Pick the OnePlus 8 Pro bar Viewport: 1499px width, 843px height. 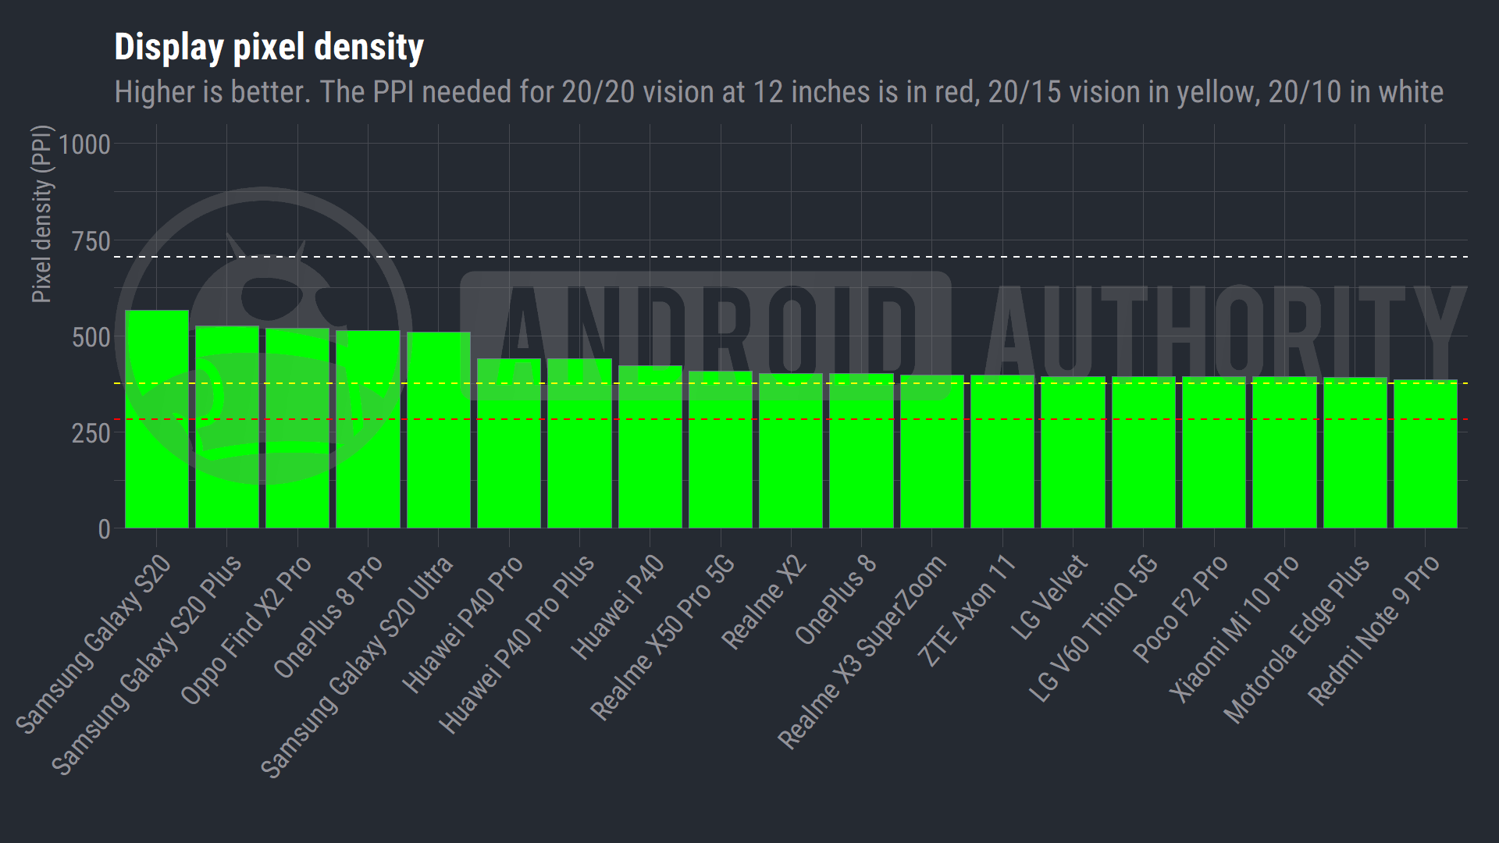[368, 429]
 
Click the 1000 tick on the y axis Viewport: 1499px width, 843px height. [84, 144]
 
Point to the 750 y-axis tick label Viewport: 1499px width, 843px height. [91, 241]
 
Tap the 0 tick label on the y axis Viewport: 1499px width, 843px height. [104, 529]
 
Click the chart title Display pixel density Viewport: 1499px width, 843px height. [269, 47]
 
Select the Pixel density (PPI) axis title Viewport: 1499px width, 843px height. [41, 214]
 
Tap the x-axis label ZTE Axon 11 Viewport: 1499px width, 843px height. [966, 611]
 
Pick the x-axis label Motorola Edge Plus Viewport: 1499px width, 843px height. [1296, 638]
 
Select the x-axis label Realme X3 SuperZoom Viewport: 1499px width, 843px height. [862, 652]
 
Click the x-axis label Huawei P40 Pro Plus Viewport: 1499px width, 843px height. [516, 644]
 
